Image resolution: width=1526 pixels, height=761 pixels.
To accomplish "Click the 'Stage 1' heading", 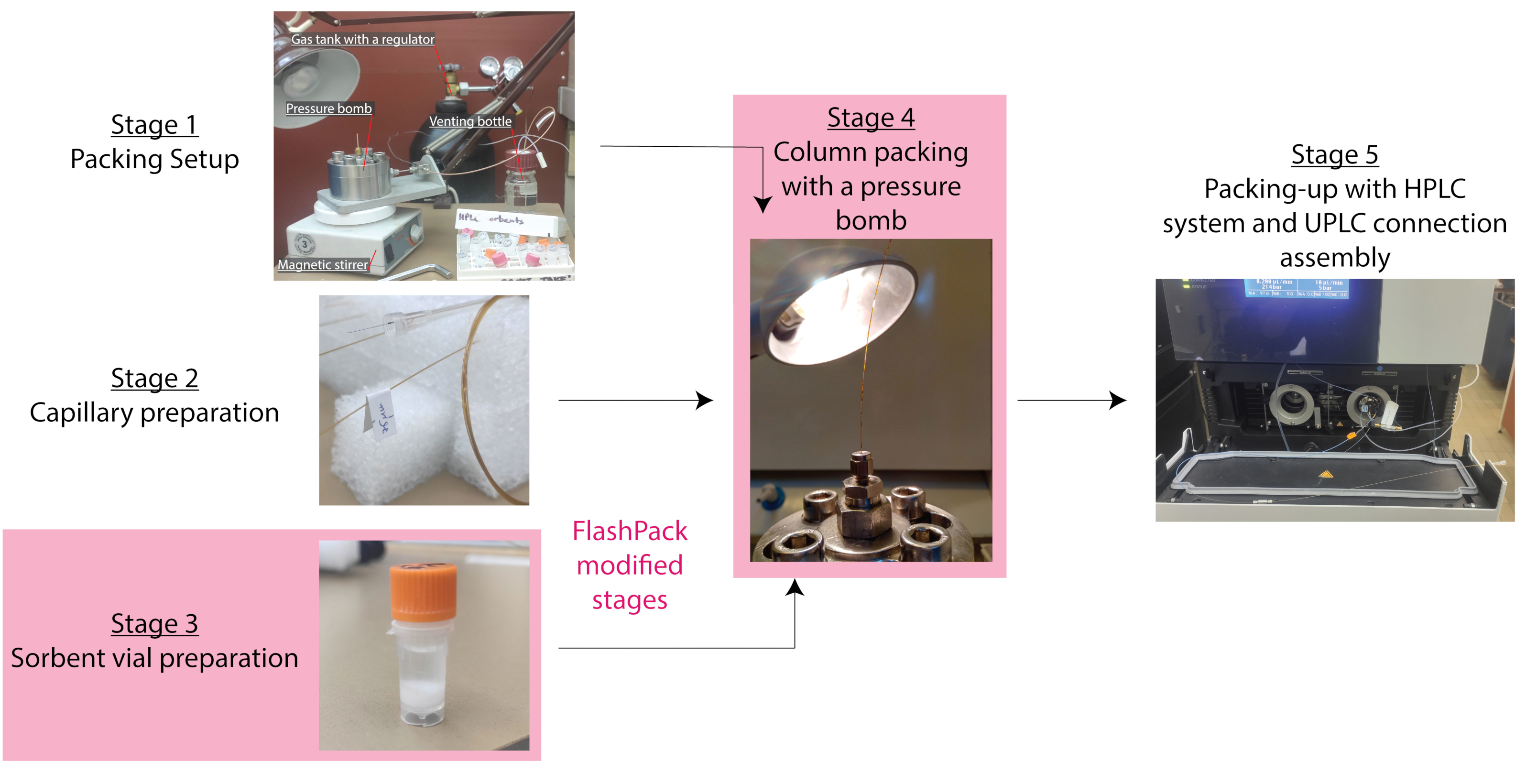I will pyautogui.click(x=154, y=125).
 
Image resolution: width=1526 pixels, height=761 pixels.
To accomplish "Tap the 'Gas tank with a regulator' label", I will pyautogui.click(x=362, y=40).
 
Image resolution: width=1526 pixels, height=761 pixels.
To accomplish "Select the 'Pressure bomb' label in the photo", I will pyautogui.click(x=329, y=109).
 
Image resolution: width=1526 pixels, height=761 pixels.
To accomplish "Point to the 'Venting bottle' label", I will pyautogui.click(x=470, y=121).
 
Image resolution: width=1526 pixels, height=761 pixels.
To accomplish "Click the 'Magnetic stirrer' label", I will pyautogui.click(x=322, y=265).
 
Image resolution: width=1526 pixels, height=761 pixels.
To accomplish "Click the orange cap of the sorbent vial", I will pyautogui.click(x=423, y=590).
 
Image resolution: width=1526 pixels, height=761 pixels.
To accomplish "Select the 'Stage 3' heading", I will pyautogui.click(x=154, y=624).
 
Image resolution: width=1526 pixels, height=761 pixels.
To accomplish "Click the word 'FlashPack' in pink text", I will pyautogui.click(x=629, y=531).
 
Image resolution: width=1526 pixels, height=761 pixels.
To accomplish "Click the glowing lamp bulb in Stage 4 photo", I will pyautogui.click(x=797, y=323).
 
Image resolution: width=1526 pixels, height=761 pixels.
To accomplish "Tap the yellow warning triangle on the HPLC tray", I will pyautogui.click(x=1325, y=474).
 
